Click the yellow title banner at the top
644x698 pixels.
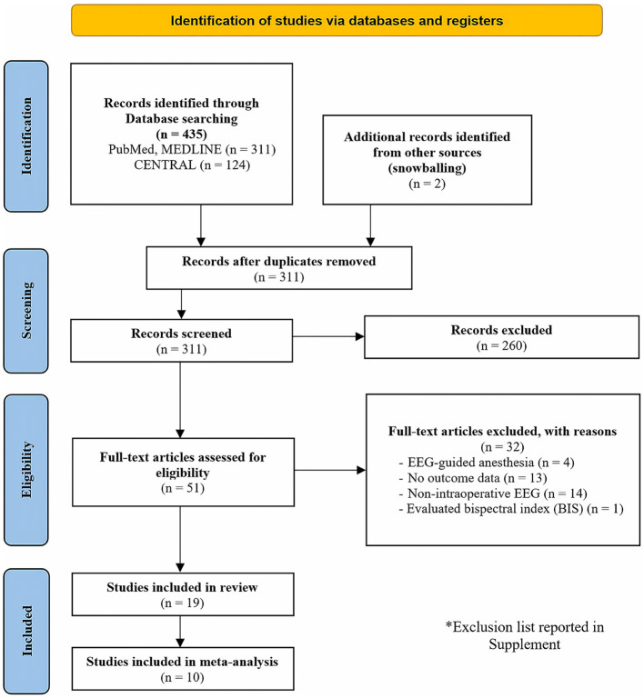(337, 21)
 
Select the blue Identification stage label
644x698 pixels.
(26, 136)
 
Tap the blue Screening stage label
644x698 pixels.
(26, 311)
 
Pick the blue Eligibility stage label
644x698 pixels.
(26, 470)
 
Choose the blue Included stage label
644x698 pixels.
(26, 631)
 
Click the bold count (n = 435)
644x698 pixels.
(182, 134)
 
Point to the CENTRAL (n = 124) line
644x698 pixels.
(192, 165)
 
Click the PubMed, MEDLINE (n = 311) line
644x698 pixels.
(192, 149)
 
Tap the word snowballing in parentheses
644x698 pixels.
(428, 168)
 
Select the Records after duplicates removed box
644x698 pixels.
(279, 268)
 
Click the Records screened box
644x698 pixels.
(182, 341)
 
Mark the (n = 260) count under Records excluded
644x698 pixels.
(501, 345)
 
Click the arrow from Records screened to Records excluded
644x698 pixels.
(328, 336)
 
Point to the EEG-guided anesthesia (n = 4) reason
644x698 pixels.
(487, 463)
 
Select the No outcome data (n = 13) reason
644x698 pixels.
(473, 478)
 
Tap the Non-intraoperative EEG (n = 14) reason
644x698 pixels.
(493, 494)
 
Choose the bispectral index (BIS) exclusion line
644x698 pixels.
(511, 509)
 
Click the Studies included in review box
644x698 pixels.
(183, 594)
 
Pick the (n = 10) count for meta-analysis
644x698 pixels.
(183, 677)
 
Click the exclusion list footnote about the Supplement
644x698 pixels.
(525, 635)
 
